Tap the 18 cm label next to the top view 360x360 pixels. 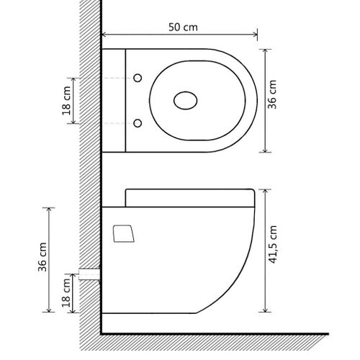pos(67,101)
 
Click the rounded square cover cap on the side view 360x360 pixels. pos(124,233)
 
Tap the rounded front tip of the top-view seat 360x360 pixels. pos(256,101)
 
